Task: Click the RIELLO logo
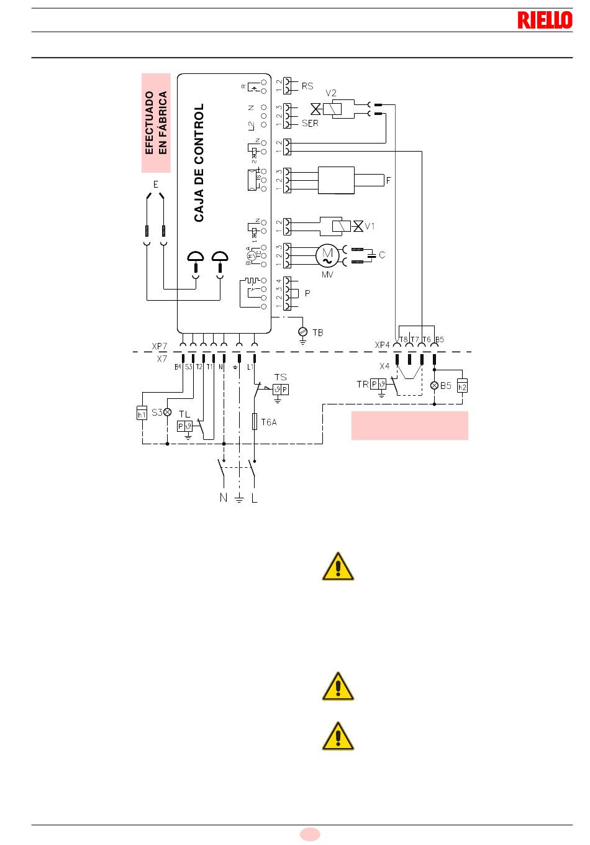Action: click(x=545, y=20)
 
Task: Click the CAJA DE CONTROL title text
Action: click(x=199, y=163)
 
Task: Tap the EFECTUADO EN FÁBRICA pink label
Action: click(x=156, y=122)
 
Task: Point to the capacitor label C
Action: click(x=382, y=255)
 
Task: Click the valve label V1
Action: click(x=370, y=226)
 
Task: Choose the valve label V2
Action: click(x=331, y=93)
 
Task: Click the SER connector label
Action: click(x=310, y=123)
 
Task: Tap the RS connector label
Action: click(x=307, y=86)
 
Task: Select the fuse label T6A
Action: click(x=269, y=422)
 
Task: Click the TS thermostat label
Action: click(x=281, y=377)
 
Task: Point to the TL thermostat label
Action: click(x=184, y=414)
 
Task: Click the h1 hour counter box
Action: click(x=142, y=412)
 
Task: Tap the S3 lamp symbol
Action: click(x=167, y=412)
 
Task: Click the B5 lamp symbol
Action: click(x=434, y=385)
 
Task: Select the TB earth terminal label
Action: click(x=317, y=333)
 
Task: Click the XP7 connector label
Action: click(x=160, y=345)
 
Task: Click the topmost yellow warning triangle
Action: click(x=338, y=566)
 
